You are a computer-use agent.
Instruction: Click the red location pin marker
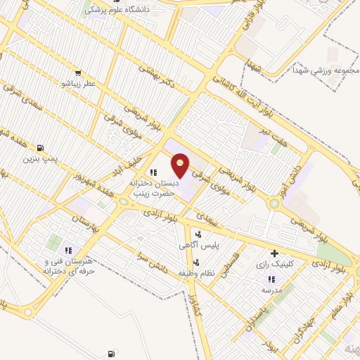click(181, 165)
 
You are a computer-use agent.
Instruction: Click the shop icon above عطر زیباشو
click(77, 72)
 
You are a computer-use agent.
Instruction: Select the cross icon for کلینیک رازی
click(274, 253)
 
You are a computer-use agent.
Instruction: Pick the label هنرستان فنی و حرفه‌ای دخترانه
click(69, 266)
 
